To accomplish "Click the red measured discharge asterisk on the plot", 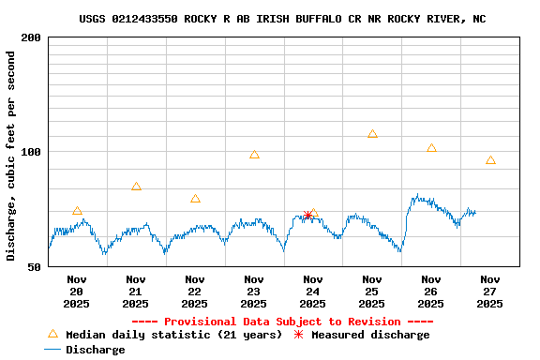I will pos(307,216).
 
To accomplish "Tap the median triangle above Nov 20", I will pos(77,211).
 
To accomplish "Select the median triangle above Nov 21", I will pos(136,187).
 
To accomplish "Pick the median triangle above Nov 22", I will pos(195,199).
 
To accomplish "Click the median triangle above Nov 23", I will pos(254,155).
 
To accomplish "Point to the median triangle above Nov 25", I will pos(372,134).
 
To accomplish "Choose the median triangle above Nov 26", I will pos(431,148).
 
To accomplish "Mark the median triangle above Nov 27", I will pos(490,160).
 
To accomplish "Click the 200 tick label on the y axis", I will pos(31,37).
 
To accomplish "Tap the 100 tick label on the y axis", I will pos(31,152).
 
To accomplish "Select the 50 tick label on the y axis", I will pos(35,267).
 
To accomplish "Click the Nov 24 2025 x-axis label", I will pos(313,291).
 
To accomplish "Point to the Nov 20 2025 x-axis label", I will pos(77,291).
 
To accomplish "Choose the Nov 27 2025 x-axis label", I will pos(490,291).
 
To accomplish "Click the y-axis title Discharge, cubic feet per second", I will pos(11,156).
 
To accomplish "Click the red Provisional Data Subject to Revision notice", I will pos(282,322).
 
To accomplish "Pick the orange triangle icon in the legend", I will pos(52,334).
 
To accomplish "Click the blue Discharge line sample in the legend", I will pos(52,350).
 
